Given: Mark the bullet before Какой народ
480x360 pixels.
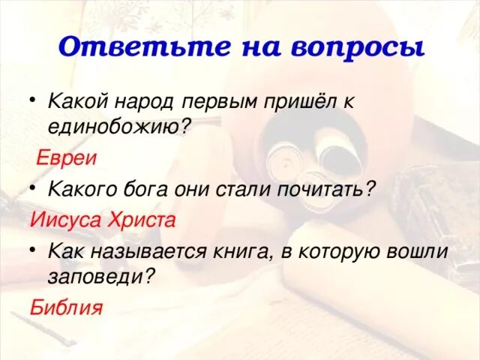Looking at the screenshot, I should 33,100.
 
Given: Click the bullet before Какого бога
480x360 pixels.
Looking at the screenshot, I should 33,190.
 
